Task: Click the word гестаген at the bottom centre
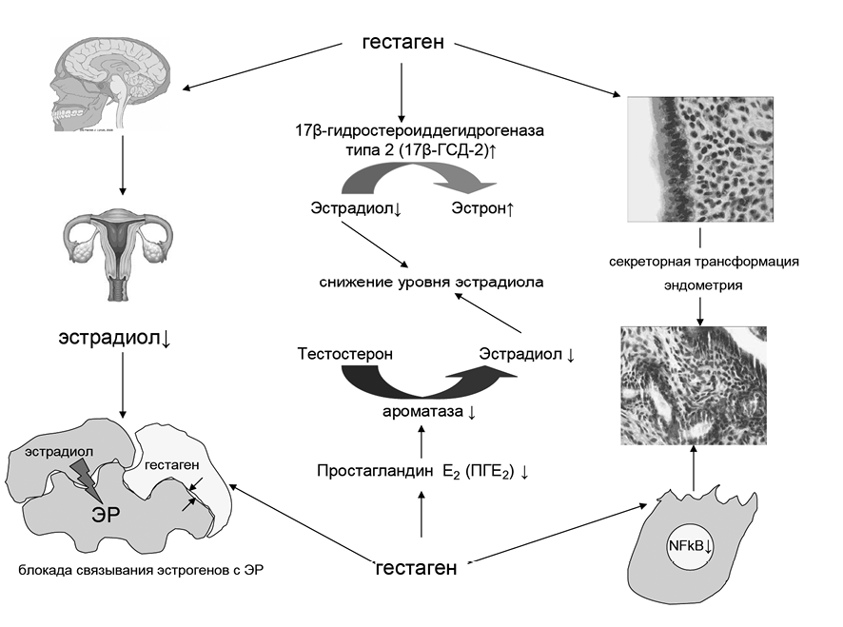(417, 568)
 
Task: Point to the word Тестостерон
(344, 354)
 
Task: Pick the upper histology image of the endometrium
(704, 156)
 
